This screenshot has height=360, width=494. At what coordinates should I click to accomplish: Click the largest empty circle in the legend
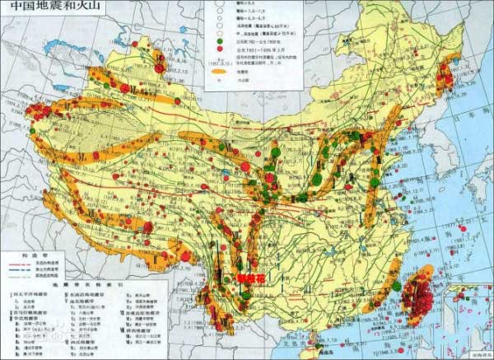click(x=220, y=5)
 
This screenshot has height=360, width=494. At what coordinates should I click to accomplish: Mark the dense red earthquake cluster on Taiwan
click(x=422, y=296)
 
